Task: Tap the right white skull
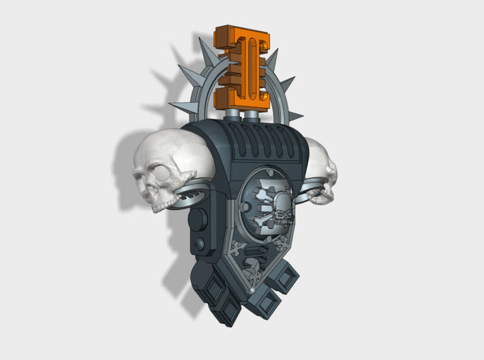(x=321, y=171)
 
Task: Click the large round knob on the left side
(x=198, y=220)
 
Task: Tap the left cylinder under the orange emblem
(x=232, y=117)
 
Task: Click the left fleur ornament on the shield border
(x=239, y=250)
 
